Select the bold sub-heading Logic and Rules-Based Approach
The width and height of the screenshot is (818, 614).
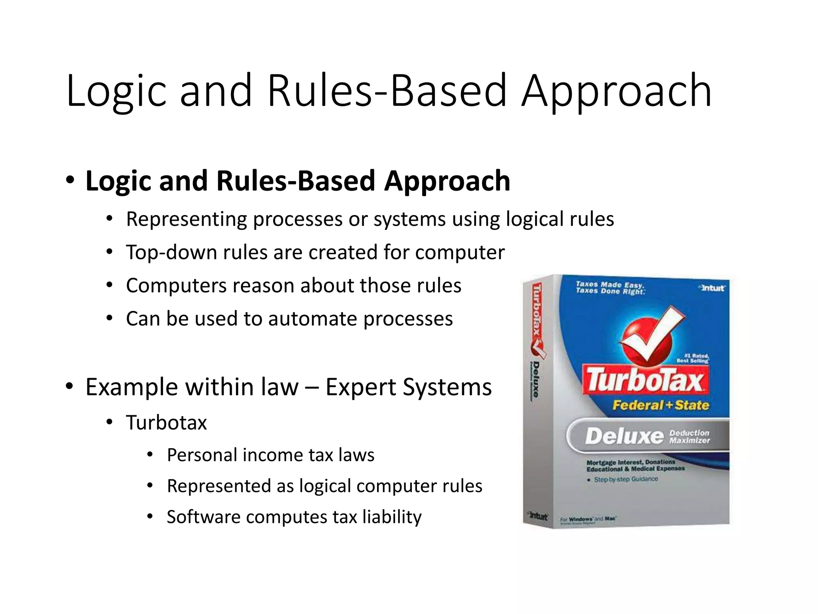(x=298, y=181)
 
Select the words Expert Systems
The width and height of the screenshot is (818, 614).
(x=408, y=387)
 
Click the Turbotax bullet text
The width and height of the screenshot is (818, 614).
(x=167, y=423)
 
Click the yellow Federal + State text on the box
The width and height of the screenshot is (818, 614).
(x=661, y=405)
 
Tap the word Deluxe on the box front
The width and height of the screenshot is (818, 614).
(x=623, y=436)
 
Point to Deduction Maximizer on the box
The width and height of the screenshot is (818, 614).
(x=689, y=437)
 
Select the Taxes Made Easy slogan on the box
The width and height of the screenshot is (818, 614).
(x=610, y=287)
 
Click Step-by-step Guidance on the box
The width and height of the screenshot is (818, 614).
(x=625, y=479)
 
